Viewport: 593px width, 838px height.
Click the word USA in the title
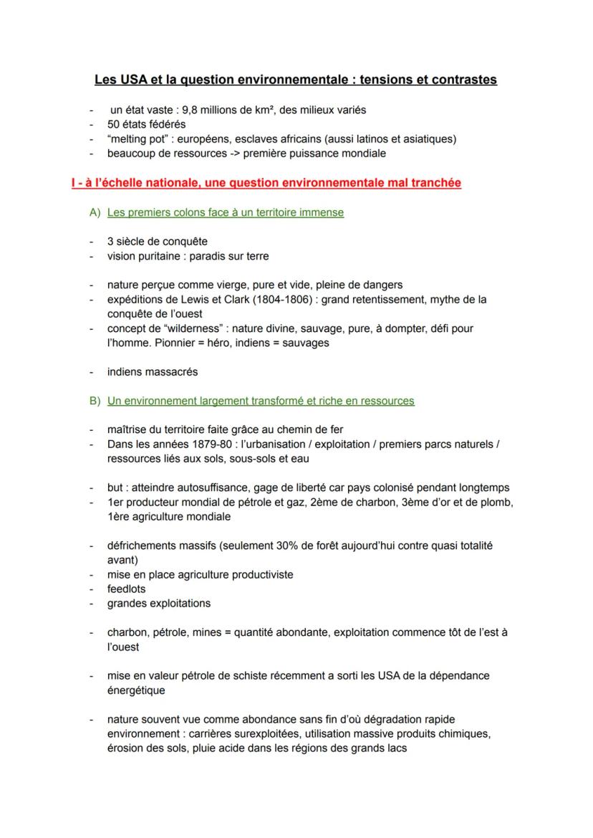131,80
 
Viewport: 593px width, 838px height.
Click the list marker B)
95,401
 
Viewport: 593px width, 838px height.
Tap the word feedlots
127,589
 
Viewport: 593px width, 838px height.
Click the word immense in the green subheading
322,212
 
